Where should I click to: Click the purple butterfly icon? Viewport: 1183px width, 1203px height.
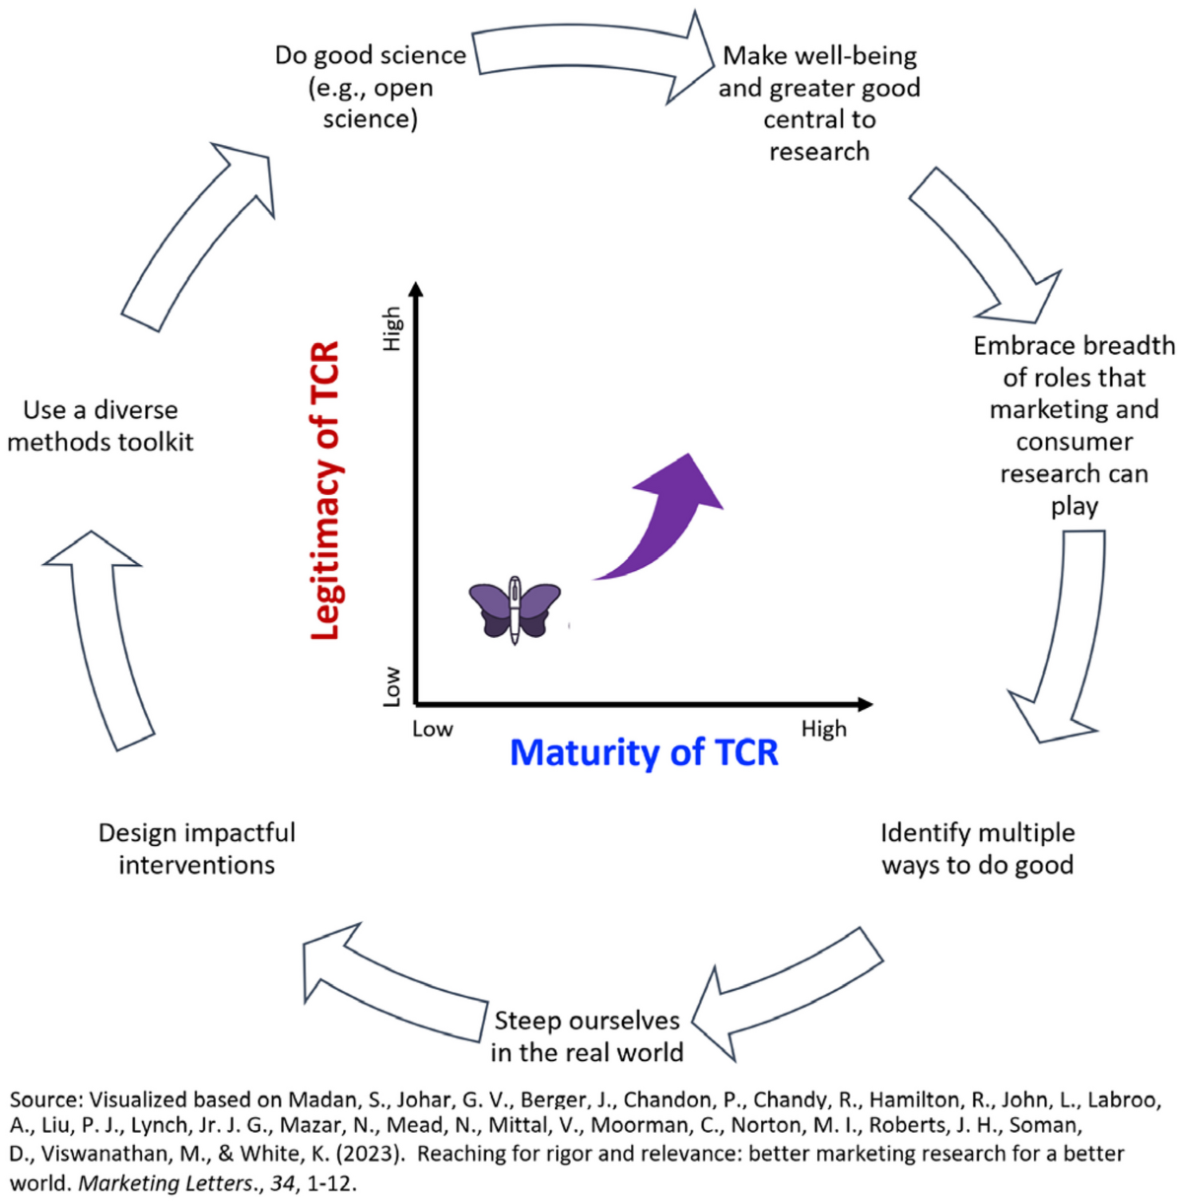click(x=515, y=609)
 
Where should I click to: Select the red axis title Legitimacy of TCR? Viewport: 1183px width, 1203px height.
click(x=325, y=490)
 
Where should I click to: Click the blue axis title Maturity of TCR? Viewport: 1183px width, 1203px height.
click(x=644, y=752)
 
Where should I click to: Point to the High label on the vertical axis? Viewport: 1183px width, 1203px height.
click(x=392, y=327)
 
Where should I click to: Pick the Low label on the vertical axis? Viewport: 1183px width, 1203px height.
click(x=392, y=686)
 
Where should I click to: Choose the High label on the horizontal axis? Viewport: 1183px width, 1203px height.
click(x=823, y=729)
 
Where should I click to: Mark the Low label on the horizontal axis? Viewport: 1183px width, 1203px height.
click(x=432, y=729)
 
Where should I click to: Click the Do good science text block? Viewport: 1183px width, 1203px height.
click(x=370, y=87)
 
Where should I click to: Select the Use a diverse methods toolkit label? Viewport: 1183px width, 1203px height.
click(x=100, y=426)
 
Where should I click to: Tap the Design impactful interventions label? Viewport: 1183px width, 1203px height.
click(x=196, y=849)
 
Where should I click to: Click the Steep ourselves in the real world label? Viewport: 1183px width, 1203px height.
click(x=587, y=1036)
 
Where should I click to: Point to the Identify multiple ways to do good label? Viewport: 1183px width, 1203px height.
click(x=977, y=849)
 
